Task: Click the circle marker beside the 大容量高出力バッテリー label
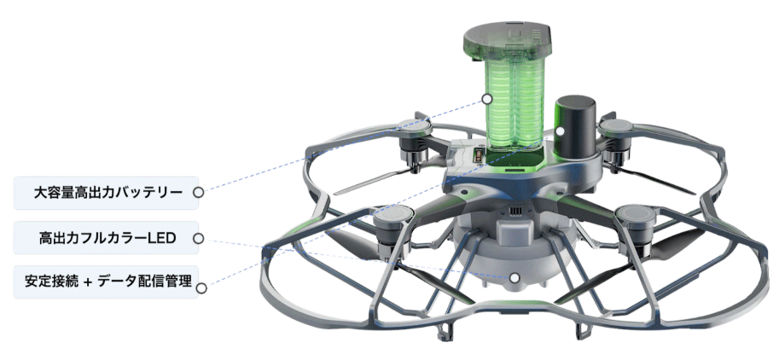[199, 192]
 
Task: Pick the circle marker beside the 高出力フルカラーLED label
[199, 239]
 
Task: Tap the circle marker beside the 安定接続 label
[201, 287]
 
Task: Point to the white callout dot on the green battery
[487, 99]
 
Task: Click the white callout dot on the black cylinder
[560, 131]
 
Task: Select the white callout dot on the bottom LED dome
[514, 277]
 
